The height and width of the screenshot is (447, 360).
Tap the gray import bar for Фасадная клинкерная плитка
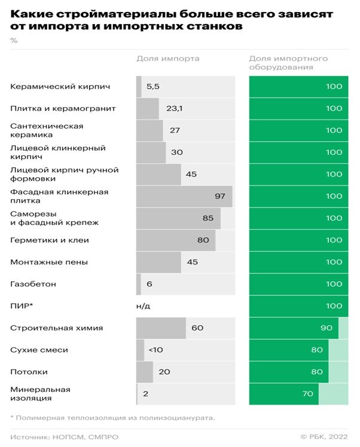pos(184,196)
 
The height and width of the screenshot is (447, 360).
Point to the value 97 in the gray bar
pos(219,196)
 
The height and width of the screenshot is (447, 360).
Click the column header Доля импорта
pos(168,59)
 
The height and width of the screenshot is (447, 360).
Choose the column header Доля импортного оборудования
pos(288,63)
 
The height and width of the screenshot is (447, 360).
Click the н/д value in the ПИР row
pos(144,306)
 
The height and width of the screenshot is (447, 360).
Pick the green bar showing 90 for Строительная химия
pos(294,328)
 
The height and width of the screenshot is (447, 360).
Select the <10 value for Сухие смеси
pos(155,350)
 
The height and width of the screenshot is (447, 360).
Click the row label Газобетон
pos(33,284)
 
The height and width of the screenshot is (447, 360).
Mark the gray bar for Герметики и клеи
pos(176,240)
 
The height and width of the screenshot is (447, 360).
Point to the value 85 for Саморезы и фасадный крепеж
pos(208,218)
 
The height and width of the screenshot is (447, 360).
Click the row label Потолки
pos(29,372)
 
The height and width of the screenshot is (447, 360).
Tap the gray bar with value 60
pos(161,328)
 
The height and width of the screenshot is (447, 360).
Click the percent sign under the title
pos(14,41)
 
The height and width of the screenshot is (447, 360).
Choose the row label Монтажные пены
pos(49,262)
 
